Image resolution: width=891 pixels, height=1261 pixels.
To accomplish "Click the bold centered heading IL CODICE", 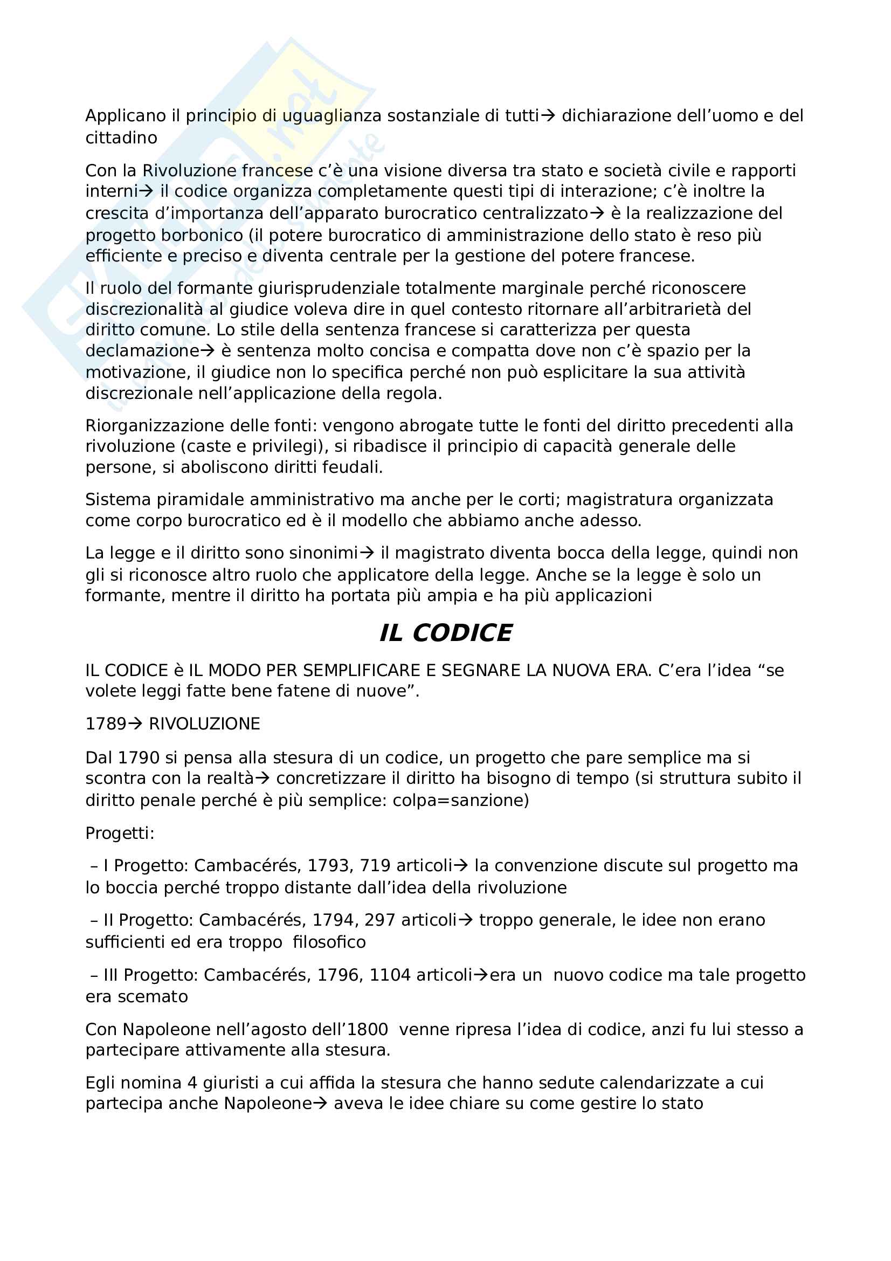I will tap(445, 633).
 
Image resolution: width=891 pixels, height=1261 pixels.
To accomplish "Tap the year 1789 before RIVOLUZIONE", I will tap(106, 724).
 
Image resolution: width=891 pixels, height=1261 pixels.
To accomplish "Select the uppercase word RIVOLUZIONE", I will tap(204, 724).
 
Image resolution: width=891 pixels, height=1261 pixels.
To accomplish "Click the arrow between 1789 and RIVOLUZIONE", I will tap(135, 724).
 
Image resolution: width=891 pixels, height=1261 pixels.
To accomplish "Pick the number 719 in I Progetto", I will tap(375, 866).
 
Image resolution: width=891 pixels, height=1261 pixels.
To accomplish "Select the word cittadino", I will tap(121, 138).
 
